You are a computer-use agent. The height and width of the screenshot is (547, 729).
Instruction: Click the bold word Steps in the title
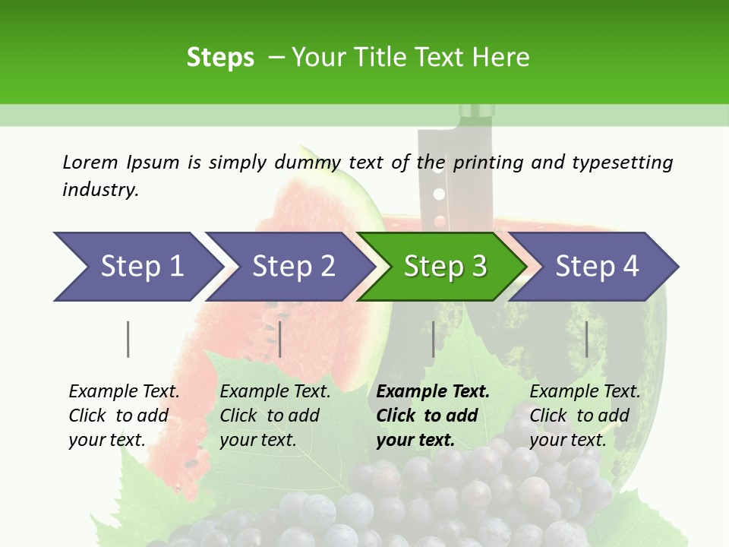coord(220,57)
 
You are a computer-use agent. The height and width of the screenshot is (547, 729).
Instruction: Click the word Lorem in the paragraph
coord(90,162)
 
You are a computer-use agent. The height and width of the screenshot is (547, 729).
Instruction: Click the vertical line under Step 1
coord(128,339)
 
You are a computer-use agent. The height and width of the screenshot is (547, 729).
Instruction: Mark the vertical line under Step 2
coord(280,339)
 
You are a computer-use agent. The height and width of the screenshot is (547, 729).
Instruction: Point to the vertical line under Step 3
coord(434,339)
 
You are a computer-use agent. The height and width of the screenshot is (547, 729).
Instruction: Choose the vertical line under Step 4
coord(587,339)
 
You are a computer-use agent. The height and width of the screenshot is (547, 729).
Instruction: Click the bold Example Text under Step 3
coord(433,391)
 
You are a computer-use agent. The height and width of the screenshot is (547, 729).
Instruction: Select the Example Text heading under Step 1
coord(124,391)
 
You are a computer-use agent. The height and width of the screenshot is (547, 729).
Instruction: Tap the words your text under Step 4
coord(567,440)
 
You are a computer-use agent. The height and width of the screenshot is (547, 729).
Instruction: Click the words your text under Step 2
coord(257,440)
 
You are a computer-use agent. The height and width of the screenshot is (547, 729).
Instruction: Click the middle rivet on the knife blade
coord(438,194)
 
